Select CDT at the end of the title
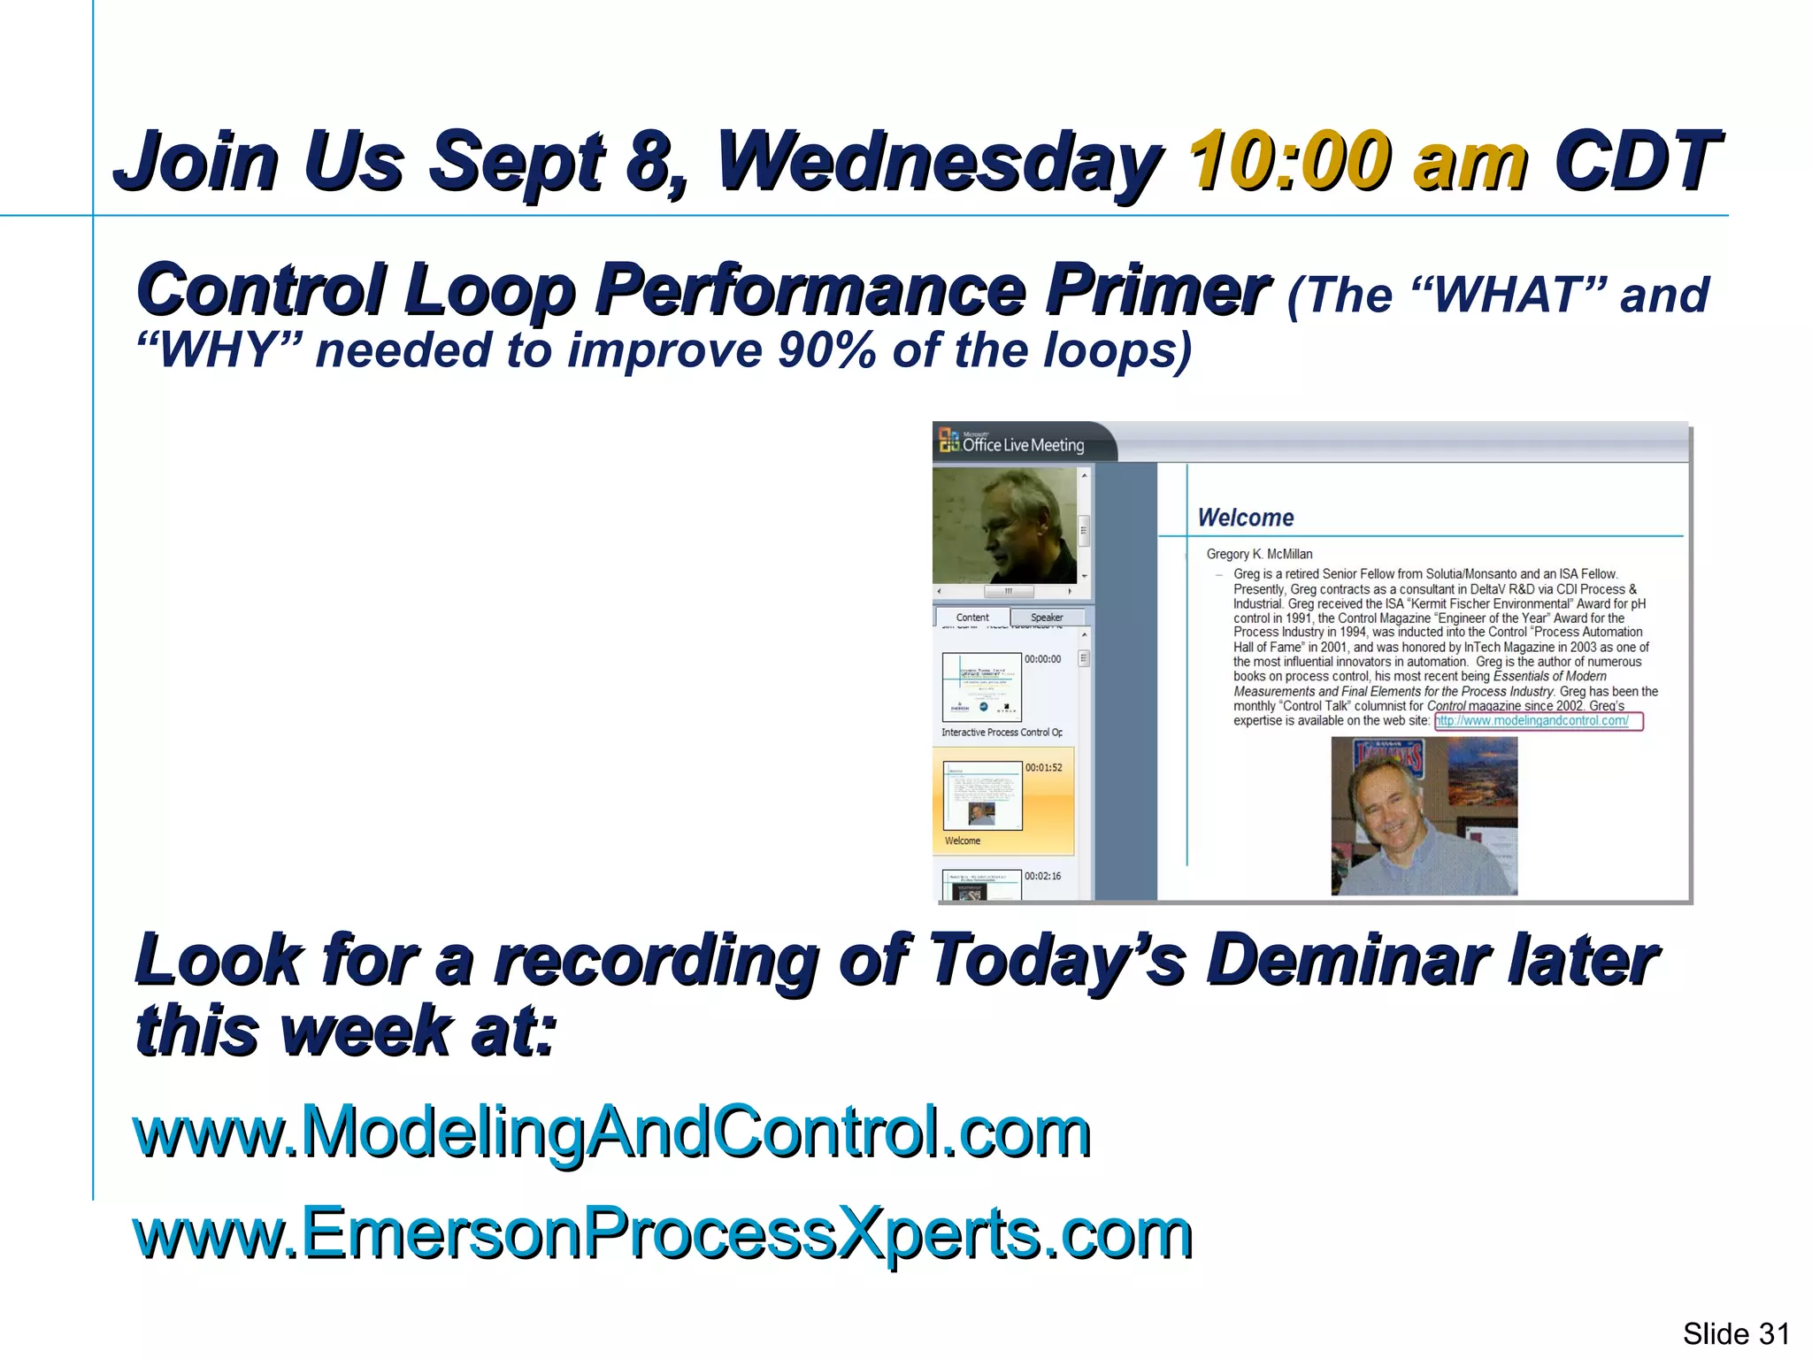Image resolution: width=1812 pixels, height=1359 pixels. [1637, 161]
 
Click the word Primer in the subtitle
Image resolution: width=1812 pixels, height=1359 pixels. [1157, 290]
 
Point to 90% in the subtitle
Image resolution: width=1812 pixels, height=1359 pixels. [828, 350]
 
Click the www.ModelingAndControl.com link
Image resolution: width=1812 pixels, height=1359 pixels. [611, 1132]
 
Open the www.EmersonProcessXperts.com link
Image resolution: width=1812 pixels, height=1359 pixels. [663, 1232]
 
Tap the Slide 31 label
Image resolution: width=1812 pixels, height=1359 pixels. [1735, 1333]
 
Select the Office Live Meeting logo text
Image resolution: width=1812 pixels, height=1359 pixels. [1023, 445]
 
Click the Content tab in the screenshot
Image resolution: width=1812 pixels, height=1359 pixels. [972, 618]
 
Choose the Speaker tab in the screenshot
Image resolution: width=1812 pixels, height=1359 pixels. [1047, 618]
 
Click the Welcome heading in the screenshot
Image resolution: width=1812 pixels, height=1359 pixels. [1245, 518]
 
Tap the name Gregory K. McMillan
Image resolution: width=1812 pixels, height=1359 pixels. [1259, 554]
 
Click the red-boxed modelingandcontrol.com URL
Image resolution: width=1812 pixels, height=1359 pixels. [1538, 721]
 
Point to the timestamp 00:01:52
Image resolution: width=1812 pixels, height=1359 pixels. [1044, 767]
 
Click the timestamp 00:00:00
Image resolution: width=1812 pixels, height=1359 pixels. [1043, 659]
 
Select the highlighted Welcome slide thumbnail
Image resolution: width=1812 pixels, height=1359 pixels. [982, 795]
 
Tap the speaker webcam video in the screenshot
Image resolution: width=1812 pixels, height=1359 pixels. [1004, 526]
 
